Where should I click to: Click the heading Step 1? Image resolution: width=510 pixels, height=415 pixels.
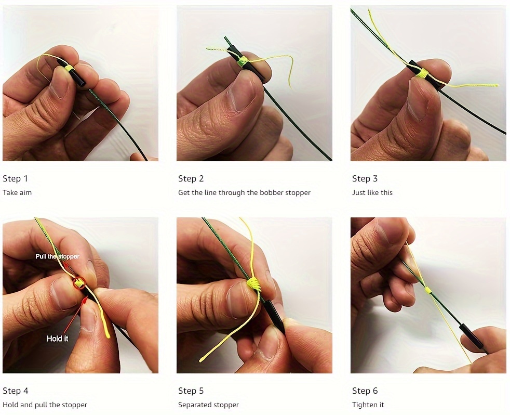pyautogui.click(x=16, y=179)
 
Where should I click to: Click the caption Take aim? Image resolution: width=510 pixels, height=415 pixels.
pyautogui.click(x=17, y=192)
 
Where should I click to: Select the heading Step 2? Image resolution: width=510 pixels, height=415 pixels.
pyautogui.click(x=191, y=179)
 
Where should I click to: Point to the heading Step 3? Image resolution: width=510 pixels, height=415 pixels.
pyautogui.click(x=365, y=179)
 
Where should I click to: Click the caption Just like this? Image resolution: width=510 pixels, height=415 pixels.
pyautogui.click(x=372, y=192)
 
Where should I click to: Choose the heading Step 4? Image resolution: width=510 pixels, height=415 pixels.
pyautogui.click(x=16, y=391)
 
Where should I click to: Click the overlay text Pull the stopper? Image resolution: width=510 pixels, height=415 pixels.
pyautogui.click(x=57, y=256)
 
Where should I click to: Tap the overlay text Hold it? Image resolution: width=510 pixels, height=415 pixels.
pyautogui.click(x=57, y=339)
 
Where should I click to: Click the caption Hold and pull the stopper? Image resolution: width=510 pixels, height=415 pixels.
pyautogui.click(x=45, y=405)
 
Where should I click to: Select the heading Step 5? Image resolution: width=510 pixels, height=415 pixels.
pyautogui.click(x=191, y=391)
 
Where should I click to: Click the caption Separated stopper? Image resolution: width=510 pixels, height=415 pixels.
pyautogui.click(x=208, y=405)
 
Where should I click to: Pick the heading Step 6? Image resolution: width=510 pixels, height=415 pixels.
pyautogui.click(x=365, y=391)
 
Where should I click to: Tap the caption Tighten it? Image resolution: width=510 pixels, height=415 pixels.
pyautogui.click(x=368, y=405)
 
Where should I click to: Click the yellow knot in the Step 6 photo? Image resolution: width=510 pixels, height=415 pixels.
pyautogui.click(x=428, y=290)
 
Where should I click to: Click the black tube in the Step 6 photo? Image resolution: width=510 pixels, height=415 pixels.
pyautogui.click(x=471, y=336)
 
